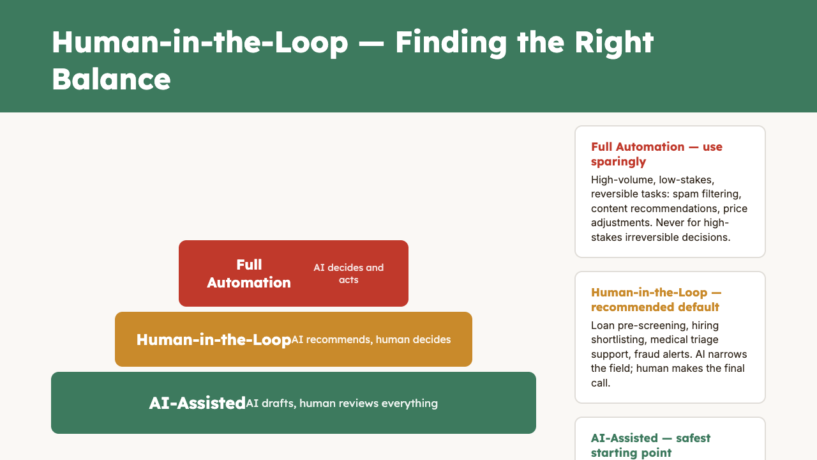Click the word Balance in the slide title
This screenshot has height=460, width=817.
[111, 79]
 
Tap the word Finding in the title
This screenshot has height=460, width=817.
[451, 42]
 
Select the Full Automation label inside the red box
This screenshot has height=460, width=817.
[249, 273]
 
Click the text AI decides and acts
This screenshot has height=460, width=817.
[349, 273]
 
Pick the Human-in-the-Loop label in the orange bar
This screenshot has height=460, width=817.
[213, 339]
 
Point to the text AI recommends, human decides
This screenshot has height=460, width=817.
[371, 339]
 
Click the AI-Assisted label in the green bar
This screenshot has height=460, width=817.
[197, 403]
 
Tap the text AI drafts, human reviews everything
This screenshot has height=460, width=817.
[341, 403]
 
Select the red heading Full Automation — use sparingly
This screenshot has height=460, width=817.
[656, 154]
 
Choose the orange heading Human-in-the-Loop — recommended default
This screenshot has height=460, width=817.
[656, 300]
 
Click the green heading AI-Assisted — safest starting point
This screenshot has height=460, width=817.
[650, 445]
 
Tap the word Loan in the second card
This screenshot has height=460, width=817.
[603, 325]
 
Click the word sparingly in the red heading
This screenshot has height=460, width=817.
[618, 162]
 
